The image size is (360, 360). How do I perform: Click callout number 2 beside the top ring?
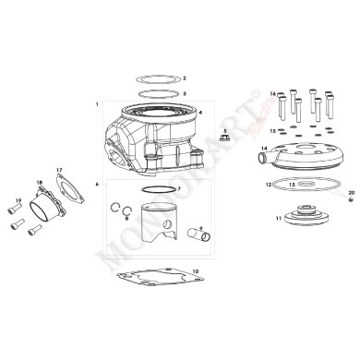(185, 79)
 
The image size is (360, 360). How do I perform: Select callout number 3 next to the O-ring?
(185, 94)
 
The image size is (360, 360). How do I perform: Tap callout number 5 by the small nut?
(224, 131)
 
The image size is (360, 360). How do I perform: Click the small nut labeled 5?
(224, 140)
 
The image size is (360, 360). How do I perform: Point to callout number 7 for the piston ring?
(178, 188)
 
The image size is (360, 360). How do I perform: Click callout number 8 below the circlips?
(127, 219)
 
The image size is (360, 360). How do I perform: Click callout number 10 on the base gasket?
(195, 270)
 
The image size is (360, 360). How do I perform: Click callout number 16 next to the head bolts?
(273, 94)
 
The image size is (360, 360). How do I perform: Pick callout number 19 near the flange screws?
(18, 200)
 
